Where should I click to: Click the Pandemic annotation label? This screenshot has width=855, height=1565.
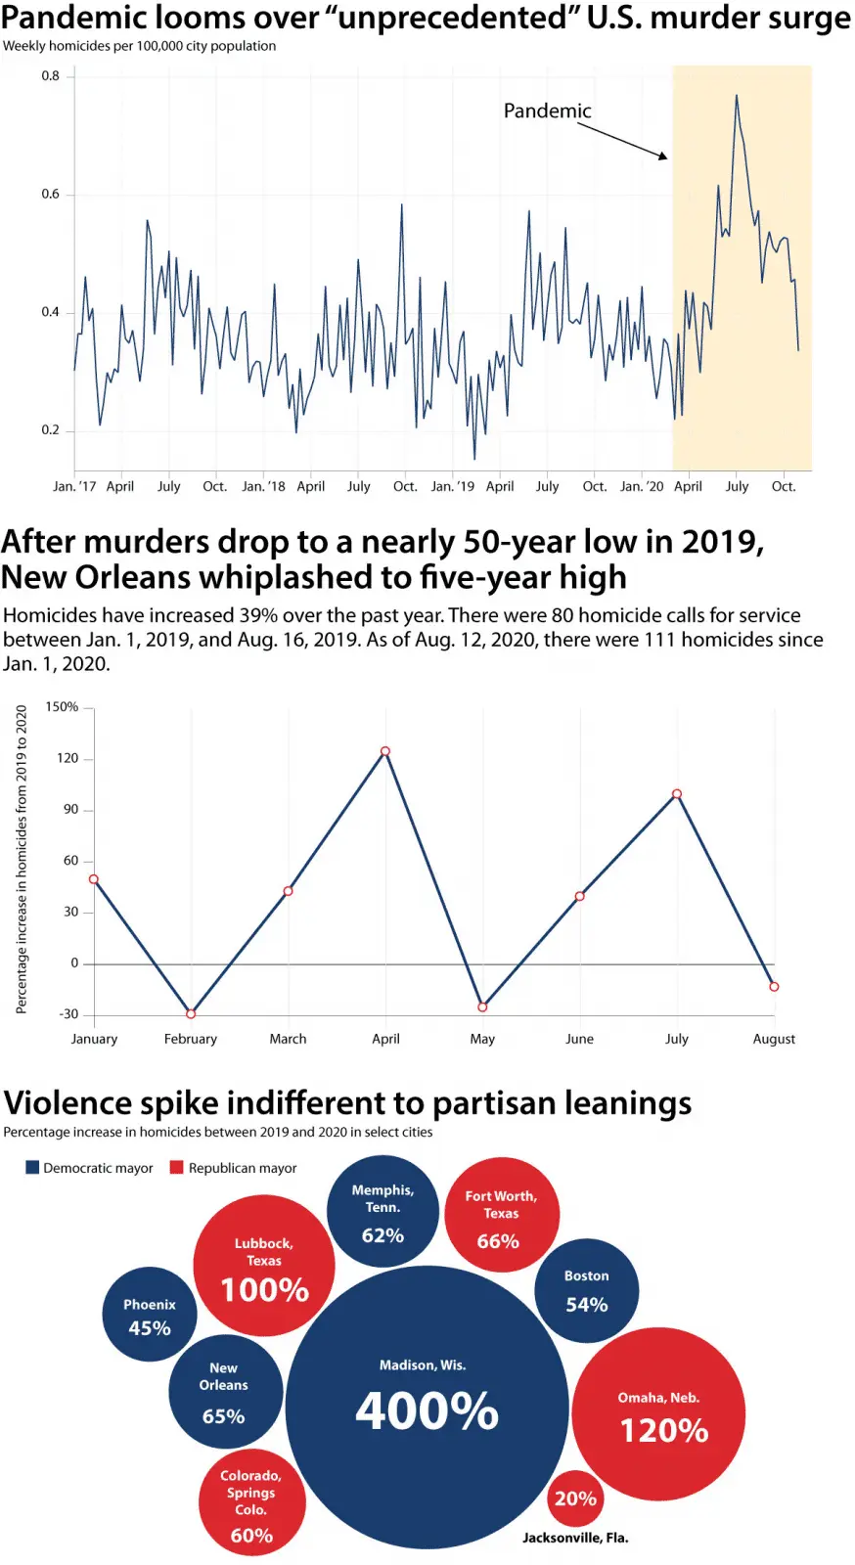(x=547, y=112)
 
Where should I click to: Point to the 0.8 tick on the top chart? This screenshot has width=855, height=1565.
(x=50, y=76)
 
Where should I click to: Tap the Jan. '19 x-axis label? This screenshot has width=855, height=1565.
(x=452, y=486)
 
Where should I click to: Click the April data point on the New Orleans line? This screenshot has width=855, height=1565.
(x=385, y=751)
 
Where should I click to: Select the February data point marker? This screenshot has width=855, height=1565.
(x=191, y=1013)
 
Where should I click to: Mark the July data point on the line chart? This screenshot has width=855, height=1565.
(x=677, y=794)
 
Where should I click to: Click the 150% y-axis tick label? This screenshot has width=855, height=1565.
(x=62, y=706)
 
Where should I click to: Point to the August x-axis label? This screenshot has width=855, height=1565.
(x=774, y=1039)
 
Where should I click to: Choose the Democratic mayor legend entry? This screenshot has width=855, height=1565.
(x=90, y=1168)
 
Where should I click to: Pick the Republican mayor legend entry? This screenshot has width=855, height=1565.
(x=234, y=1168)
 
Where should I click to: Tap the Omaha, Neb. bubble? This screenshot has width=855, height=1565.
(x=658, y=1414)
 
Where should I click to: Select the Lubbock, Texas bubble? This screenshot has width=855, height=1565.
(x=264, y=1266)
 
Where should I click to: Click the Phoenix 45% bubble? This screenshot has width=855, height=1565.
(x=150, y=1316)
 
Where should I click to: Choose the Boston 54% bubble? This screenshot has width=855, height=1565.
(x=587, y=1290)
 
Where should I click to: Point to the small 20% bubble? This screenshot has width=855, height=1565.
(x=575, y=1498)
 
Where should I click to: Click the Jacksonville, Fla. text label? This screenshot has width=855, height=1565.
(x=575, y=1538)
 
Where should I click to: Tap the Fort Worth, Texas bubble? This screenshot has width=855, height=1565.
(x=501, y=1216)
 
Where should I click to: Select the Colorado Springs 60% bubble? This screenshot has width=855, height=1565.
(x=251, y=1504)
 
